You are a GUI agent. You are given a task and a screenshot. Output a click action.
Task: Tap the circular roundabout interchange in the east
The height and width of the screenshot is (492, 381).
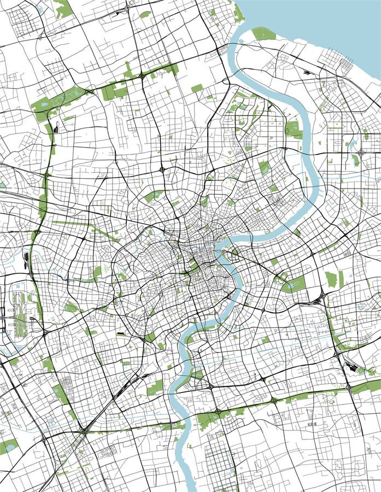(x=362, y=153)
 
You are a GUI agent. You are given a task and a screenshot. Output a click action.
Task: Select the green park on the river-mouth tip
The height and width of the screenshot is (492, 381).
(x=263, y=34)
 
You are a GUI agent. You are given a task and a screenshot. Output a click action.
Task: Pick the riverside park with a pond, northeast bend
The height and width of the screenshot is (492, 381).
(x=294, y=129)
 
